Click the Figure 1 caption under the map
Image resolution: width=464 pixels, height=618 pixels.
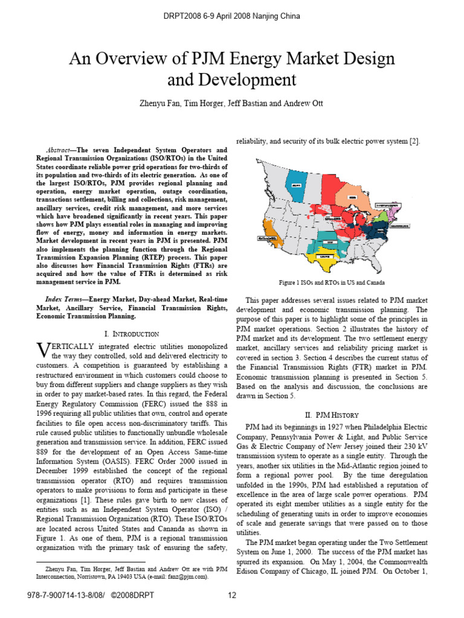click(x=331, y=282)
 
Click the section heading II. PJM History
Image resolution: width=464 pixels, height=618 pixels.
click(x=331, y=415)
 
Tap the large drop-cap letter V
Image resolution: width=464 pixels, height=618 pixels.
click(x=42, y=349)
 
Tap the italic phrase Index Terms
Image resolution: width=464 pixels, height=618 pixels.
click(x=64, y=299)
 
